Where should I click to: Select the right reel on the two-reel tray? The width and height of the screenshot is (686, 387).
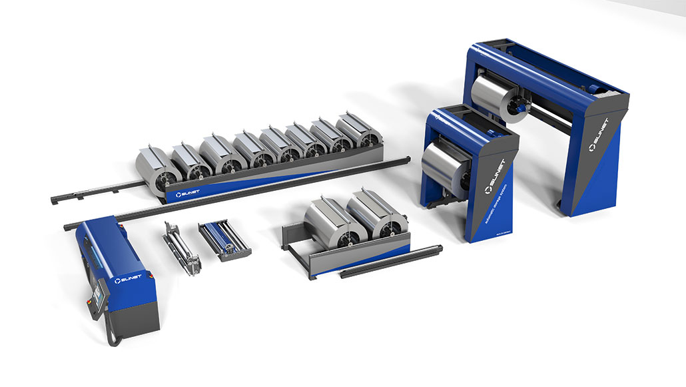(375, 214)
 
